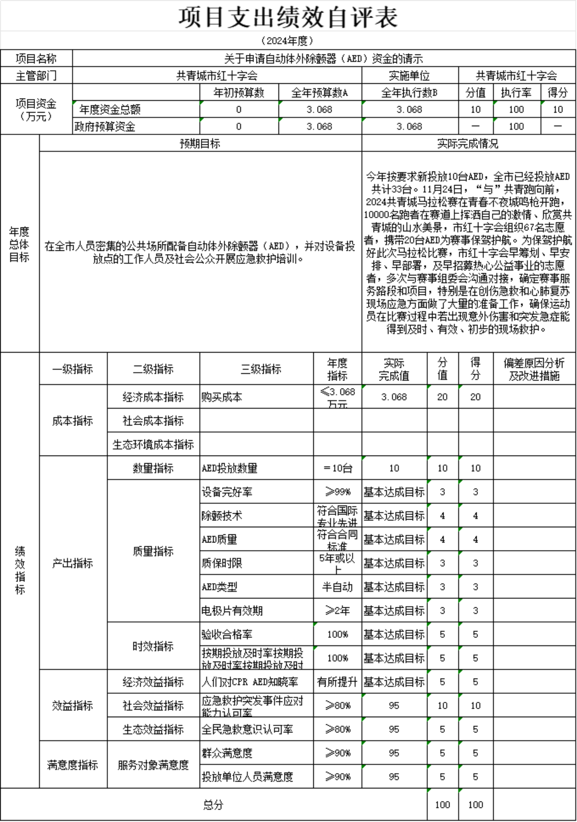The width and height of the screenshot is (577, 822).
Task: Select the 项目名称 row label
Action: [x=36, y=58]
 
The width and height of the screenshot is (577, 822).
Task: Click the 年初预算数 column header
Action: [x=239, y=93]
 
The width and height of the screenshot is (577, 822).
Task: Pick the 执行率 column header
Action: [x=516, y=93]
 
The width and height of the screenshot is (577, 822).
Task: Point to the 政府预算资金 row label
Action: [x=105, y=126]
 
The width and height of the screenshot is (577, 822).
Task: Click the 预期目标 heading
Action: [x=200, y=143]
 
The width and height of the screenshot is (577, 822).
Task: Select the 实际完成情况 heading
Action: [x=468, y=143]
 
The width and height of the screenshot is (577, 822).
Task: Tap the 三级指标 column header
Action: [x=261, y=369]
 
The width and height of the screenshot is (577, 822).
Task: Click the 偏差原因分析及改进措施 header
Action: [x=534, y=369]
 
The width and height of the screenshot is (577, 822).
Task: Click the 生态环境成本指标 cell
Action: [x=153, y=444]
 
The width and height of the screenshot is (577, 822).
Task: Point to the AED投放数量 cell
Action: [x=230, y=468]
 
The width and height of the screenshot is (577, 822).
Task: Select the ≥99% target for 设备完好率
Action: [x=337, y=492]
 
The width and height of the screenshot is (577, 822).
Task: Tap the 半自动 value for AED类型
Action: [x=337, y=587]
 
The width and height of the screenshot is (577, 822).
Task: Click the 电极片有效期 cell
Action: [x=232, y=611]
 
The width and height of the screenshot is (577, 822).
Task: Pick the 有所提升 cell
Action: [x=337, y=682]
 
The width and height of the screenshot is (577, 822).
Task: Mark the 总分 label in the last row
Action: [x=213, y=805]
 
